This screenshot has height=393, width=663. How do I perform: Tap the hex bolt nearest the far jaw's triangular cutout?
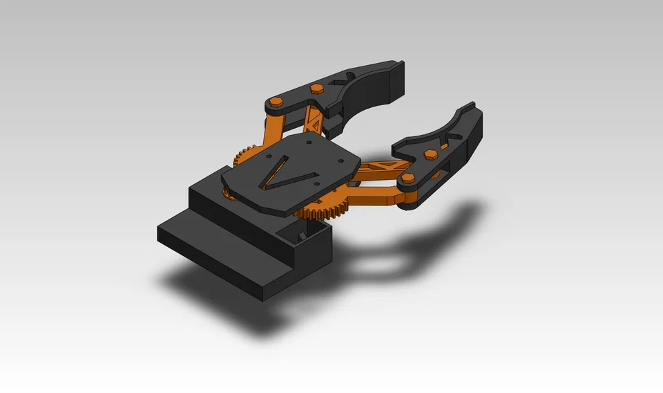pyautogui.click(x=317, y=87)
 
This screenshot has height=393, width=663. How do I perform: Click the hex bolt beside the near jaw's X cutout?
pyautogui.click(x=431, y=154)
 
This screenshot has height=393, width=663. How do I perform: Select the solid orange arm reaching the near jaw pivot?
pyautogui.click(x=373, y=197)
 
